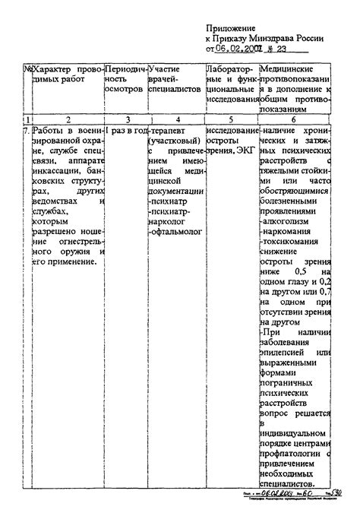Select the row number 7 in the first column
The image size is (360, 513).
point(27,131)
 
